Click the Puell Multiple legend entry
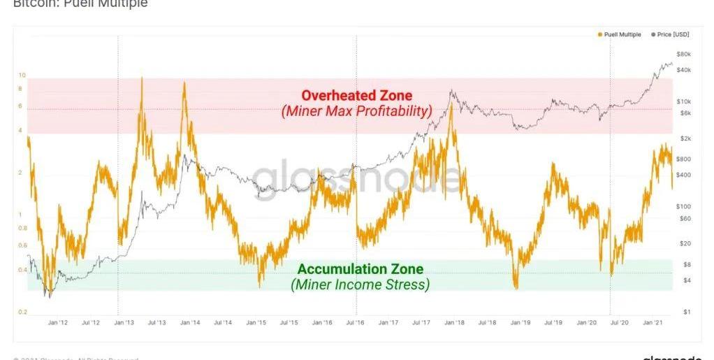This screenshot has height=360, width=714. [621, 34]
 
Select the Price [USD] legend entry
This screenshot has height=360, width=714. [672, 34]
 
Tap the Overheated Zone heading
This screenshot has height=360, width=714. [356, 95]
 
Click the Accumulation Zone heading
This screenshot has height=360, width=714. [360, 269]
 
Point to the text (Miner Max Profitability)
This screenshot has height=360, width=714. [356, 111]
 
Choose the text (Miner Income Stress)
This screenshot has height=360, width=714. [360, 285]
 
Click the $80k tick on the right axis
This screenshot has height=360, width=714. [683, 54]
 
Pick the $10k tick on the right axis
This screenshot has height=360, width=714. [683, 101]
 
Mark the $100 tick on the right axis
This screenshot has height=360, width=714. [683, 206]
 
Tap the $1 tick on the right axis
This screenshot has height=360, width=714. [686, 312]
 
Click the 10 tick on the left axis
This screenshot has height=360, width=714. [22, 75]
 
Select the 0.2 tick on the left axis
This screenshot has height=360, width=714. [22, 312]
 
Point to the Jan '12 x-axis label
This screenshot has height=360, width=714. [58, 323]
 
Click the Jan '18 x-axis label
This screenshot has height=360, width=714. [455, 323]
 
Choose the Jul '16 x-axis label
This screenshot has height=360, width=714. [356, 323]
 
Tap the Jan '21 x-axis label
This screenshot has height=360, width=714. [653, 323]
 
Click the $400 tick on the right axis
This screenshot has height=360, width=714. [683, 174]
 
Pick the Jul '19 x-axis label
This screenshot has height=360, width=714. [553, 323]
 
